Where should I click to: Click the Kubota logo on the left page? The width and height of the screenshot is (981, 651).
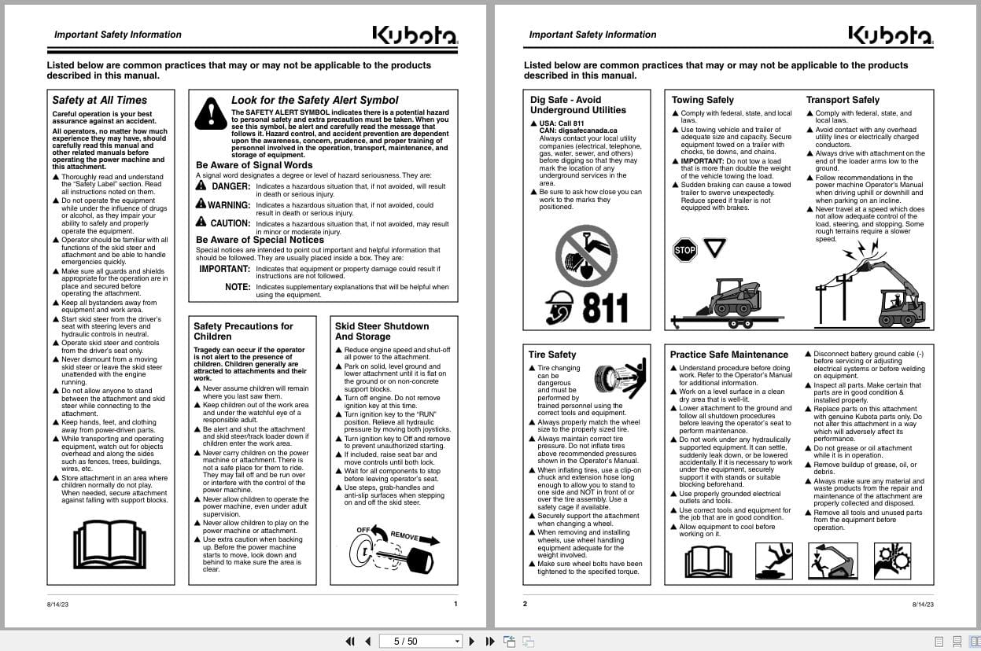click(414, 35)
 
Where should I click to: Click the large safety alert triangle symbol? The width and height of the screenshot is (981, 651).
click(211, 113)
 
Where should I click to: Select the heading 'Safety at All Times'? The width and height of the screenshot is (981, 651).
click(99, 100)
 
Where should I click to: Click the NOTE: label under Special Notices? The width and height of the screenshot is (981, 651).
click(238, 287)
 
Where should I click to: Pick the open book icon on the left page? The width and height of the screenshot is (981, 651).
click(109, 543)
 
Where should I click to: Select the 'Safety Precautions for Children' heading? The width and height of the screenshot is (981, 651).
click(243, 331)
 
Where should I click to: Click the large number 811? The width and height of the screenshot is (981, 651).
click(605, 309)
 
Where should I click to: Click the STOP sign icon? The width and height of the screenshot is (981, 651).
click(684, 251)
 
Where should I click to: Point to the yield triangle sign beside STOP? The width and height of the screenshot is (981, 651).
click(714, 248)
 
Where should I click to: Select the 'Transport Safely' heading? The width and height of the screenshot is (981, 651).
click(843, 100)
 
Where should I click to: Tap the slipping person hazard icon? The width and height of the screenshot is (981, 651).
click(773, 560)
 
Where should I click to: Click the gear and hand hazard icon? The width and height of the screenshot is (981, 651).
click(891, 560)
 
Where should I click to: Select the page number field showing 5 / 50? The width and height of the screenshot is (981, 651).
click(420, 641)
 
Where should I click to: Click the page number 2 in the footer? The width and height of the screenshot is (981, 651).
click(525, 604)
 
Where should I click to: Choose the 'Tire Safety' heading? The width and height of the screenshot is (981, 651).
click(552, 355)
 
